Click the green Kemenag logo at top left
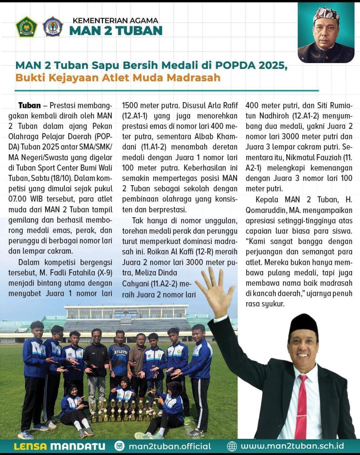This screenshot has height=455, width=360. tap(26, 27)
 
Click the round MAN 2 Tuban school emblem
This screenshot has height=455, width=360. tap(53, 27)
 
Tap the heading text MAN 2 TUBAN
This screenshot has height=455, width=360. tap(115, 31)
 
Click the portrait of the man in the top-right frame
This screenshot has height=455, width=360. tap(326, 33)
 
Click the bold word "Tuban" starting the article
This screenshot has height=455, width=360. tap(30, 106)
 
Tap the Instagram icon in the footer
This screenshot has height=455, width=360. tap(119, 446)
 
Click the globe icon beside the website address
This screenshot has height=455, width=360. tap(232, 446)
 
